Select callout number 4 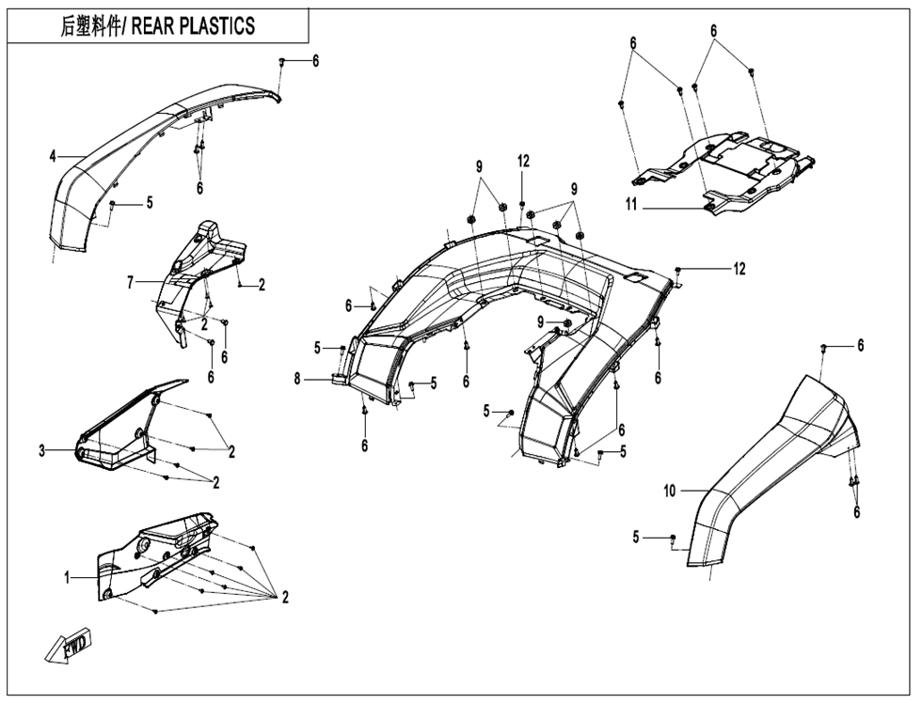(54, 155)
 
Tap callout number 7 (133, 281)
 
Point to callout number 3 (42, 451)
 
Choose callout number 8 (297, 379)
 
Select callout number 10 (669, 491)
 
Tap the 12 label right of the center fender (739, 269)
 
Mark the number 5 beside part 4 (149, 202)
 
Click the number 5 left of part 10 (636, 537)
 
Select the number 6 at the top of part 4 (315, 61)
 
